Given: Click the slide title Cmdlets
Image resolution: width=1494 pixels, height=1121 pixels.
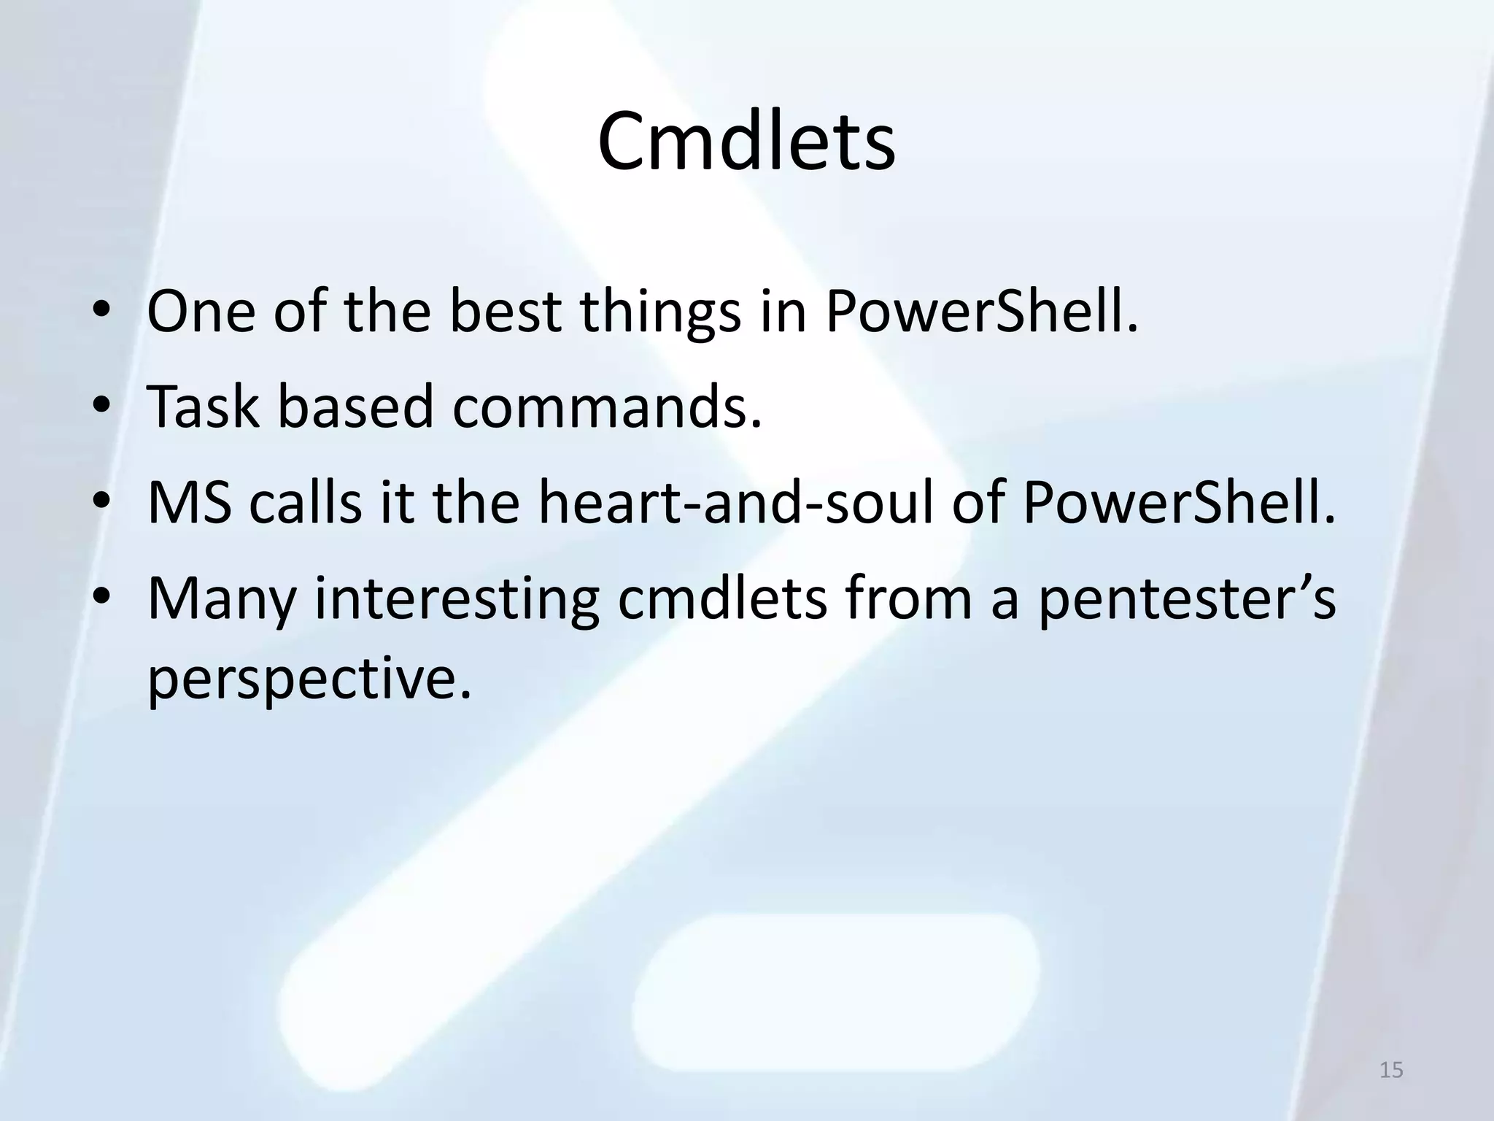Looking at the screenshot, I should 746,142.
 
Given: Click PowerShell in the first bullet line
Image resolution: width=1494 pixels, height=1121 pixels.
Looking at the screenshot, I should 981,312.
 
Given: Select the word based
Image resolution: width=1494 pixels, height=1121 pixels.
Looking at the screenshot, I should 356,407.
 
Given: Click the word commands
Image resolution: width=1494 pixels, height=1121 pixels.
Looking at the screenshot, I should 607,407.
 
